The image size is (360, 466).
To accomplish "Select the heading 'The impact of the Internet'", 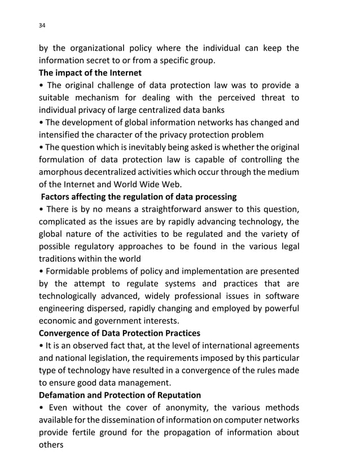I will click(x=90, y=73).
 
